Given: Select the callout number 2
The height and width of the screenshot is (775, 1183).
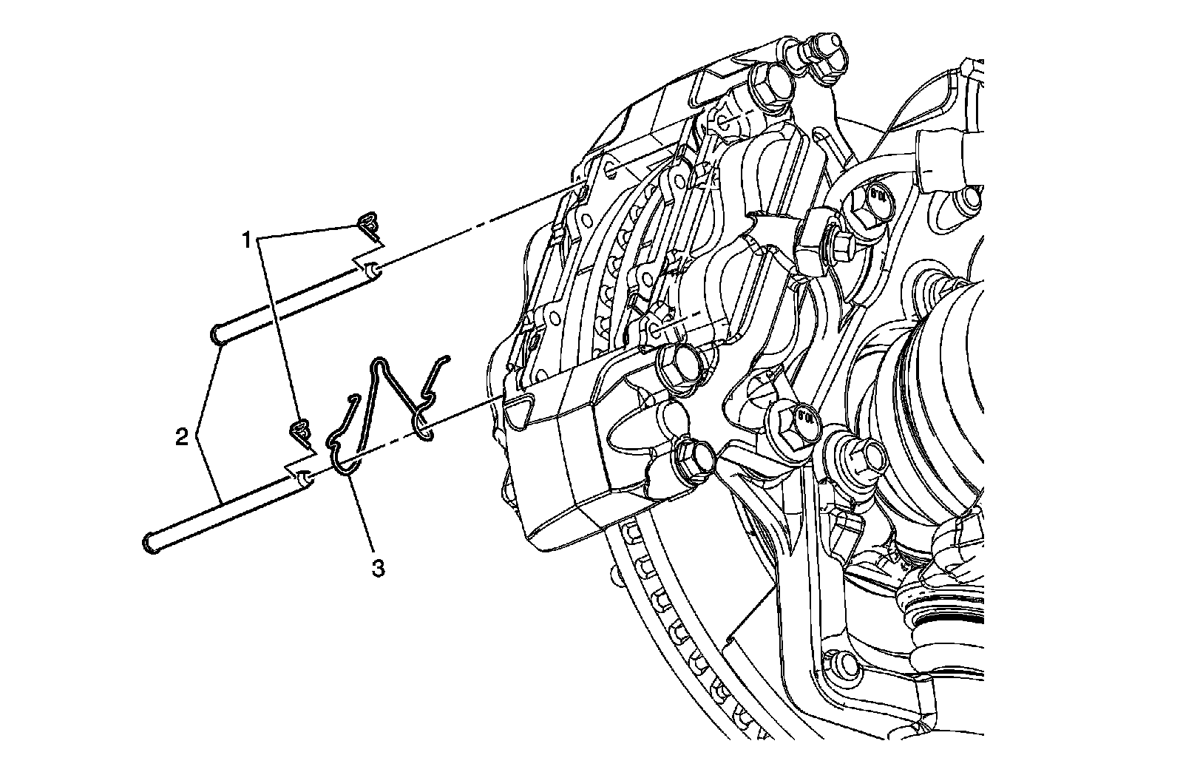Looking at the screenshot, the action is [x=180, y=437].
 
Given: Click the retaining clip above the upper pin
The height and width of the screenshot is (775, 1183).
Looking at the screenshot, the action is [x=368, y=226].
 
